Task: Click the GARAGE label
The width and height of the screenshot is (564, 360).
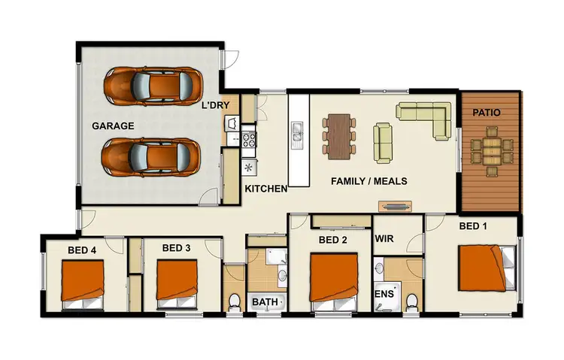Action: (114, 126)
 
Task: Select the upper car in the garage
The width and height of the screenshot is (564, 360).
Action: (153, 85)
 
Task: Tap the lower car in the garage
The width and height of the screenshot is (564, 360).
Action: (153, 157)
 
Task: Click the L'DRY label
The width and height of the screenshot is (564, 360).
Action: (215, 106)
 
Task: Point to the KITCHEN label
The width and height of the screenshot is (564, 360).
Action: (265, 189)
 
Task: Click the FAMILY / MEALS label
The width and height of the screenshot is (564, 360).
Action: (370, 181)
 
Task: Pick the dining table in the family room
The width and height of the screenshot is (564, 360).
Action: (339, 135)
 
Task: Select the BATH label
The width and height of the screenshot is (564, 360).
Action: (265, 302)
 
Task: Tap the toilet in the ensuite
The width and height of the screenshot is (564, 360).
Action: (411, 301)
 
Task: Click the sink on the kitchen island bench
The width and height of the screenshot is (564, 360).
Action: (298, 134)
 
